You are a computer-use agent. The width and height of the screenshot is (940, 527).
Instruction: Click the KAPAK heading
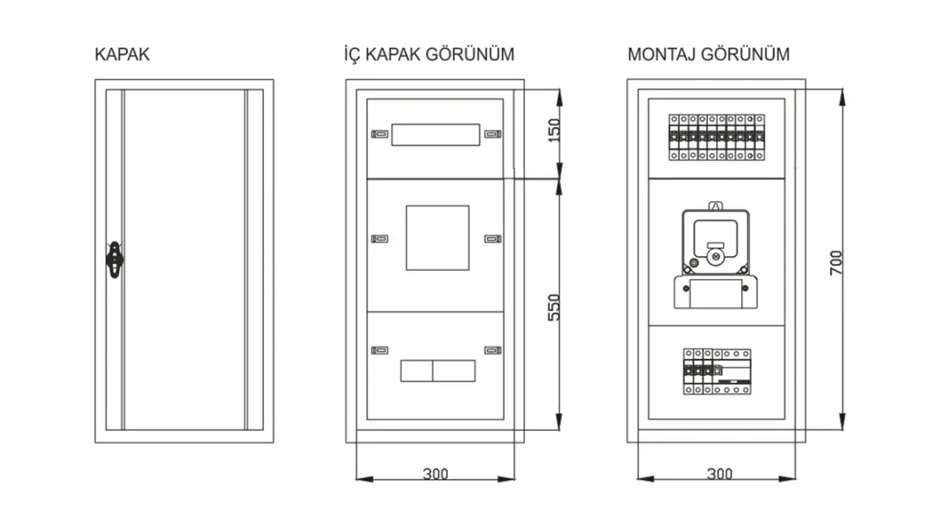coord(122,55)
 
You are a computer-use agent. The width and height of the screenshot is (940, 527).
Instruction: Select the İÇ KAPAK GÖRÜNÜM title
coord(429,55)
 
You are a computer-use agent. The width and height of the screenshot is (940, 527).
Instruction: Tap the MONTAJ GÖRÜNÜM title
coord(708,55)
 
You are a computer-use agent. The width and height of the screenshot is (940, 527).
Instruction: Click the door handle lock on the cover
coord(114,260)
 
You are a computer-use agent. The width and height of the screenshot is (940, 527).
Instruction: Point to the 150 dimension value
coord(555,131)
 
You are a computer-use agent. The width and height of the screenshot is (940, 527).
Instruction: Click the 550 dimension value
coord(555,308)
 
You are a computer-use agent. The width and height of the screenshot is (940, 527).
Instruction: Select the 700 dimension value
coord(836,263)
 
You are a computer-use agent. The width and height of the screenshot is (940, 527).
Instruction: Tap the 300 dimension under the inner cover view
coord(436,474)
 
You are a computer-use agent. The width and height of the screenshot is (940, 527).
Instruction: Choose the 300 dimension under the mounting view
coord(720,474)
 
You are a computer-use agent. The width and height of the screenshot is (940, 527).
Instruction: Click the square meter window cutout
coord(437,238)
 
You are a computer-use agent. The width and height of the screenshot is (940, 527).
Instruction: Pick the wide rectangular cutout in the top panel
coord(436,135)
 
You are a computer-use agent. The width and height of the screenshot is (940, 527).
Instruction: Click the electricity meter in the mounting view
coord(715,256)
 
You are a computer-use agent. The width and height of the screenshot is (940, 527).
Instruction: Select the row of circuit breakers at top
coord(716,138)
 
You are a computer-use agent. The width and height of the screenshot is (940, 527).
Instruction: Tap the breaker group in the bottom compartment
coord(718,372)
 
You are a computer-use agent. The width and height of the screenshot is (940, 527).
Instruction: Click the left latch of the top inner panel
coord(380,134)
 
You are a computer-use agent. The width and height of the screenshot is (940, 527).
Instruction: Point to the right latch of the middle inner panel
coord(493,239)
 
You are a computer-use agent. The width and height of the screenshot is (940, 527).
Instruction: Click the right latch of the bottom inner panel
coord(493,350)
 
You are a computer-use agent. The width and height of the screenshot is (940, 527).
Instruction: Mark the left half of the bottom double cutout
coord(416,371)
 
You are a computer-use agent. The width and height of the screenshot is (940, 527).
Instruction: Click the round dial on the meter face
coord(716,257)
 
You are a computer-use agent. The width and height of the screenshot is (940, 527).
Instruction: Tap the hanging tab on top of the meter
coord(716,206)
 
